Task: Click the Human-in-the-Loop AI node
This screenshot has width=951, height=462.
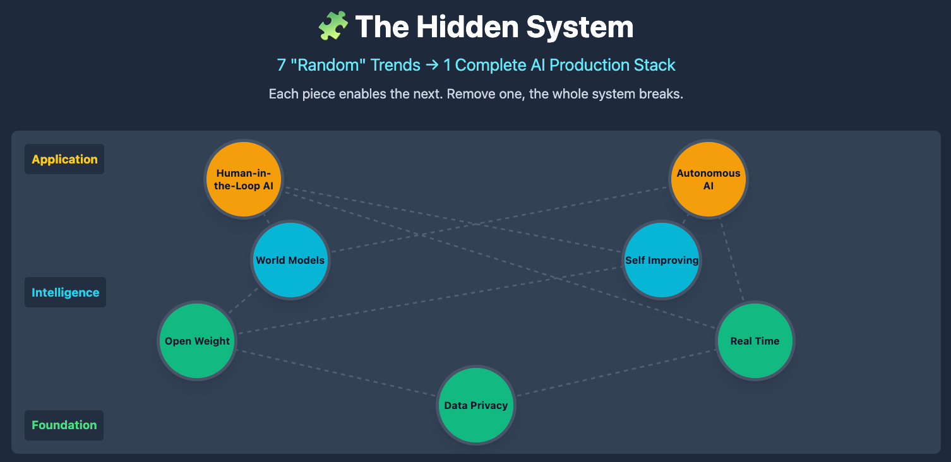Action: pyautogui.click(x=244, y=179)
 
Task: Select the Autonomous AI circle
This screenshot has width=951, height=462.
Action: pyautogui.click(x=709, y=179)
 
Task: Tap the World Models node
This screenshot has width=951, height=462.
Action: pyautogui.click(x=290, y=260)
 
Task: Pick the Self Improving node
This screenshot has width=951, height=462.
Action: pyautogui.click(x=662, y=260)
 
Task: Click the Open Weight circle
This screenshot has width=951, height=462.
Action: pyautogui.click(x=197, y=341)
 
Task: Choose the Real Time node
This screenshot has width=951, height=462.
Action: pyautogui.click(x=755, y=341)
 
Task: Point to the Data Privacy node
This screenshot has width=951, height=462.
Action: pyautogui.click(x=476, y=405)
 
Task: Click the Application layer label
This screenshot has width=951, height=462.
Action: pyautogui.click(x=64, y=159)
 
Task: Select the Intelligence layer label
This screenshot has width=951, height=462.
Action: pyautogui.click(x=65, y=292)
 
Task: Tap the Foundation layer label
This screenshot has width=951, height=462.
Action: pyautogui.click(x=64, y=425)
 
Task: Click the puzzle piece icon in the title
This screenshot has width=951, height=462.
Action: pyautogui.click(x=333, y=27)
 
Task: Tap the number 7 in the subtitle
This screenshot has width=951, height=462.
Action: pyautogui.click(x=281, y=65)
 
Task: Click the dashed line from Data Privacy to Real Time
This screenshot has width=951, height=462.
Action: pyautogui.click(x=616, y=373)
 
